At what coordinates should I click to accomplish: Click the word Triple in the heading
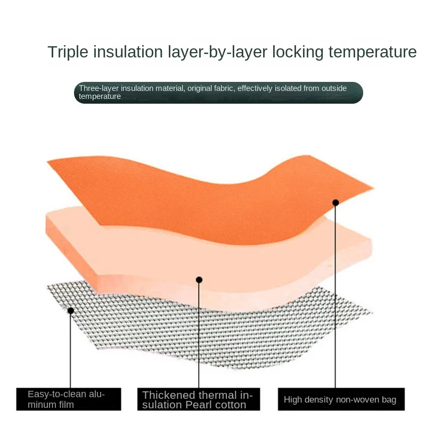[x=68, y=53]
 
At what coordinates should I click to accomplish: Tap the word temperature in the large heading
[x=373, y=53]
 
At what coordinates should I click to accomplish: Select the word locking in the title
[x=298, y=53]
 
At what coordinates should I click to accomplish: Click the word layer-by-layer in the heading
[x=218, y=53]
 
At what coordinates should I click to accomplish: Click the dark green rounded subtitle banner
[x=218, y=93]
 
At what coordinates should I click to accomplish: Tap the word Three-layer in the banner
[x=99, y=88]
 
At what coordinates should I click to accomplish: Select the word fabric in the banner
[x=224, y=88]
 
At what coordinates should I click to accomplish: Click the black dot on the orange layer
[x=335, y=203]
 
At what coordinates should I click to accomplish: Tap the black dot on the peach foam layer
[x=199, y=280]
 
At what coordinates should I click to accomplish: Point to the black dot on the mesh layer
[x=71, y=311]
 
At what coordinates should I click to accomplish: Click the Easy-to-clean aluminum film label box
[x=69, y=399]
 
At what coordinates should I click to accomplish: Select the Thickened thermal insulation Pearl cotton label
[x=199, y=399]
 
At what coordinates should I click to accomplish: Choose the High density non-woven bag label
[x=341, y=399]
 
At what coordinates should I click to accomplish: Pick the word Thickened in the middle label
[x=168, y=395]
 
